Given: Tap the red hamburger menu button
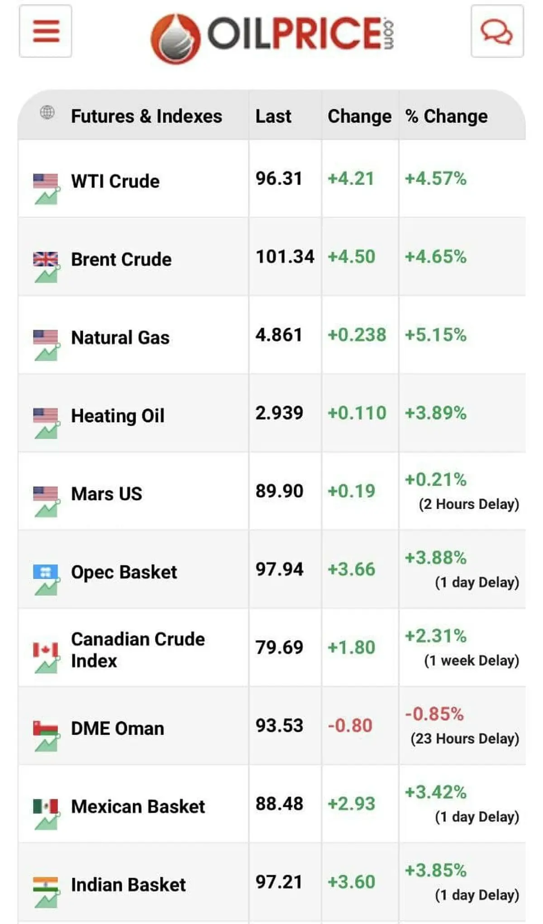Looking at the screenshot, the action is [x=45, y=31].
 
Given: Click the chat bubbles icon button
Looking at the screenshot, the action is [x=497, y=31].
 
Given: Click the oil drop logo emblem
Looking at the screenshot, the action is [x=176, y=38].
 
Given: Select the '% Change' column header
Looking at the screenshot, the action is [x=446, y=116].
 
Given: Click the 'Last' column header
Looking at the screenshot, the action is [x=273, y=116].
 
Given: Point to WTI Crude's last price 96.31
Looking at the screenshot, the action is [x=279, y=178].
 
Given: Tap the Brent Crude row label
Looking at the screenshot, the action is [x=121, y=259].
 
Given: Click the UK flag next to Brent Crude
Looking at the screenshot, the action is [x=46, y=259].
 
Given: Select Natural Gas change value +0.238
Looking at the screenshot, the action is [x=357, y=335].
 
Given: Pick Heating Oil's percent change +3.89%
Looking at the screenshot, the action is [x=435, y=413].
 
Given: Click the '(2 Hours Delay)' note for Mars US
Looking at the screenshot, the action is [x=469, y=504].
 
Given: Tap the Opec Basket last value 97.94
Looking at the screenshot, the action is [x=279, y=569].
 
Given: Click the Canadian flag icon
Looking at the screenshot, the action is [x=46, y=650].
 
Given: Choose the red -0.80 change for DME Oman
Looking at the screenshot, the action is [x=350, y=725].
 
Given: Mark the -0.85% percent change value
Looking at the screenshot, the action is [x=434, y=714].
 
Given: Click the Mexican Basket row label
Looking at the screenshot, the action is [x=138, y=806].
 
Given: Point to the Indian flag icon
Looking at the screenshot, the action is [x=46, y=884].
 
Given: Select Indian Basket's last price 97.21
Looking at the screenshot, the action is [x=279, y=882].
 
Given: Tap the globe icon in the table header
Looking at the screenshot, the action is [x=47, y=112].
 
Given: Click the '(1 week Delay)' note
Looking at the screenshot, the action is [x=472, y=661].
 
